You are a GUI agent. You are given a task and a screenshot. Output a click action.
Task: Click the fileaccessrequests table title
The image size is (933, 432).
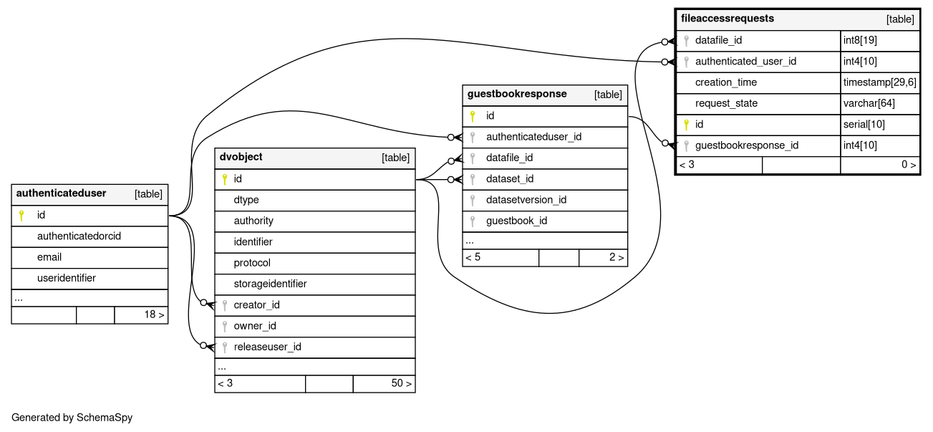click(x=727, y=19)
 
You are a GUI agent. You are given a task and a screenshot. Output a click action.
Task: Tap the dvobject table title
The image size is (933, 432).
click(x=241, y=157)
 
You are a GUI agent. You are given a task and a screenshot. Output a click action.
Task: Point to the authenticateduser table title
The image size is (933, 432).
click(x=61, y=193)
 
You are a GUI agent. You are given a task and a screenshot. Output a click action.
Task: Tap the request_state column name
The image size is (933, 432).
click(x=726, y=103)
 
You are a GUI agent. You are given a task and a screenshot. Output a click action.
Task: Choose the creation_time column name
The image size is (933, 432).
click(x=726, y=82)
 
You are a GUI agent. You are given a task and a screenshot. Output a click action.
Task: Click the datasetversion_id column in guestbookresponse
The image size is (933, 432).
click(x=526, y=200)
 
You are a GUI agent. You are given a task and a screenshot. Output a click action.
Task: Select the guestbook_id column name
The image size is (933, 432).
click(x=516, y=221)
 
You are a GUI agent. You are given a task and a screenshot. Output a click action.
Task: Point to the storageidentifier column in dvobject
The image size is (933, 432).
click(x=270, y=284)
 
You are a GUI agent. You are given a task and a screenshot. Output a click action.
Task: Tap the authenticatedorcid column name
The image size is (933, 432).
click(x=79, y=236)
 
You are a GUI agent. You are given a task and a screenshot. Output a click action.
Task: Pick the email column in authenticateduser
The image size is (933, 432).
click(x=49, y=256)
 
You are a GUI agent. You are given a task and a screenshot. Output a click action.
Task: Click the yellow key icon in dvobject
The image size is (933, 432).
click(x=224, y=179)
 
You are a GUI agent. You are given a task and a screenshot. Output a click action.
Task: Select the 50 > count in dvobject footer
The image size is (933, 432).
click(x=401, y=383)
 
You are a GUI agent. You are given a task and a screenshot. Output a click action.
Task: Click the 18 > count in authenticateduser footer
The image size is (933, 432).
click(x=154, y=315)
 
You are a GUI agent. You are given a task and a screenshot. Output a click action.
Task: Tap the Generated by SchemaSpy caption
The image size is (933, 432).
click(x=72, y=418)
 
